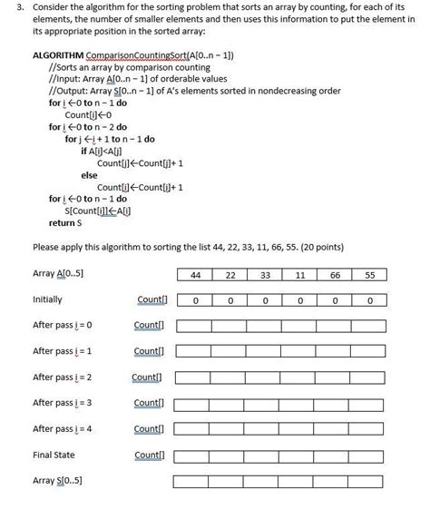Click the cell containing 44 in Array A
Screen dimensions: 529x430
pos(195,275)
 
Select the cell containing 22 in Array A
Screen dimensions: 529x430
pos(230,275)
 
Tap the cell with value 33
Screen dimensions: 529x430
pos(265,275)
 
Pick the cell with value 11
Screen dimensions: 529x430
pos(299,275)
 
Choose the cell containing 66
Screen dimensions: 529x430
pos(335,275)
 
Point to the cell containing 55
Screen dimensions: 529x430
pos(369,275)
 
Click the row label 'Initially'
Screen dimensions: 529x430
pos(47,299)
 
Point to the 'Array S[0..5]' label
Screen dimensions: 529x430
pos(57,480)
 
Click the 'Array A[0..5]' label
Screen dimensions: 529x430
pos(58,274)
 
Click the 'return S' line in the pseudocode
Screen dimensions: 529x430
pos(65,221)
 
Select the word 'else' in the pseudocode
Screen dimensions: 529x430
pos(89,174)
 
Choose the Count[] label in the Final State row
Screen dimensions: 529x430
pos(149,455)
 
